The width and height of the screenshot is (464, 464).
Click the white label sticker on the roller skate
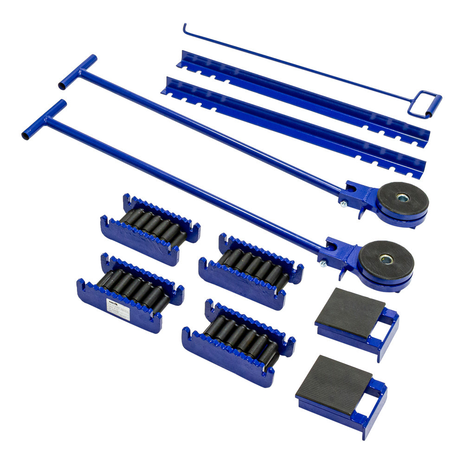pyautogui.click(x=118, y=309)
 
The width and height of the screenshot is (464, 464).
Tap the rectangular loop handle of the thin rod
pyautogui.click(x=425, y=105)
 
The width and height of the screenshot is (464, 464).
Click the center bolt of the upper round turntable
pyautogui.click(x=402, y=198)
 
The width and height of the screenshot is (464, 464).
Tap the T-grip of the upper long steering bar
pyautogui.click(x=78, y=72)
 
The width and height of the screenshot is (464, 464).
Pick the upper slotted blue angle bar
pyautogui.click(x=302, y=97)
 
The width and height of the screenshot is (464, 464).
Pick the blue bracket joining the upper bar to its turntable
pyautogui.click(x=357, y=197)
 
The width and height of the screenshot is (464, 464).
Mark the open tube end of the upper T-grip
pyautogui.click(x=62, y=86)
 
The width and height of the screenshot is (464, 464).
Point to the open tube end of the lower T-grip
pyautogui.click(x=25, y=135)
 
